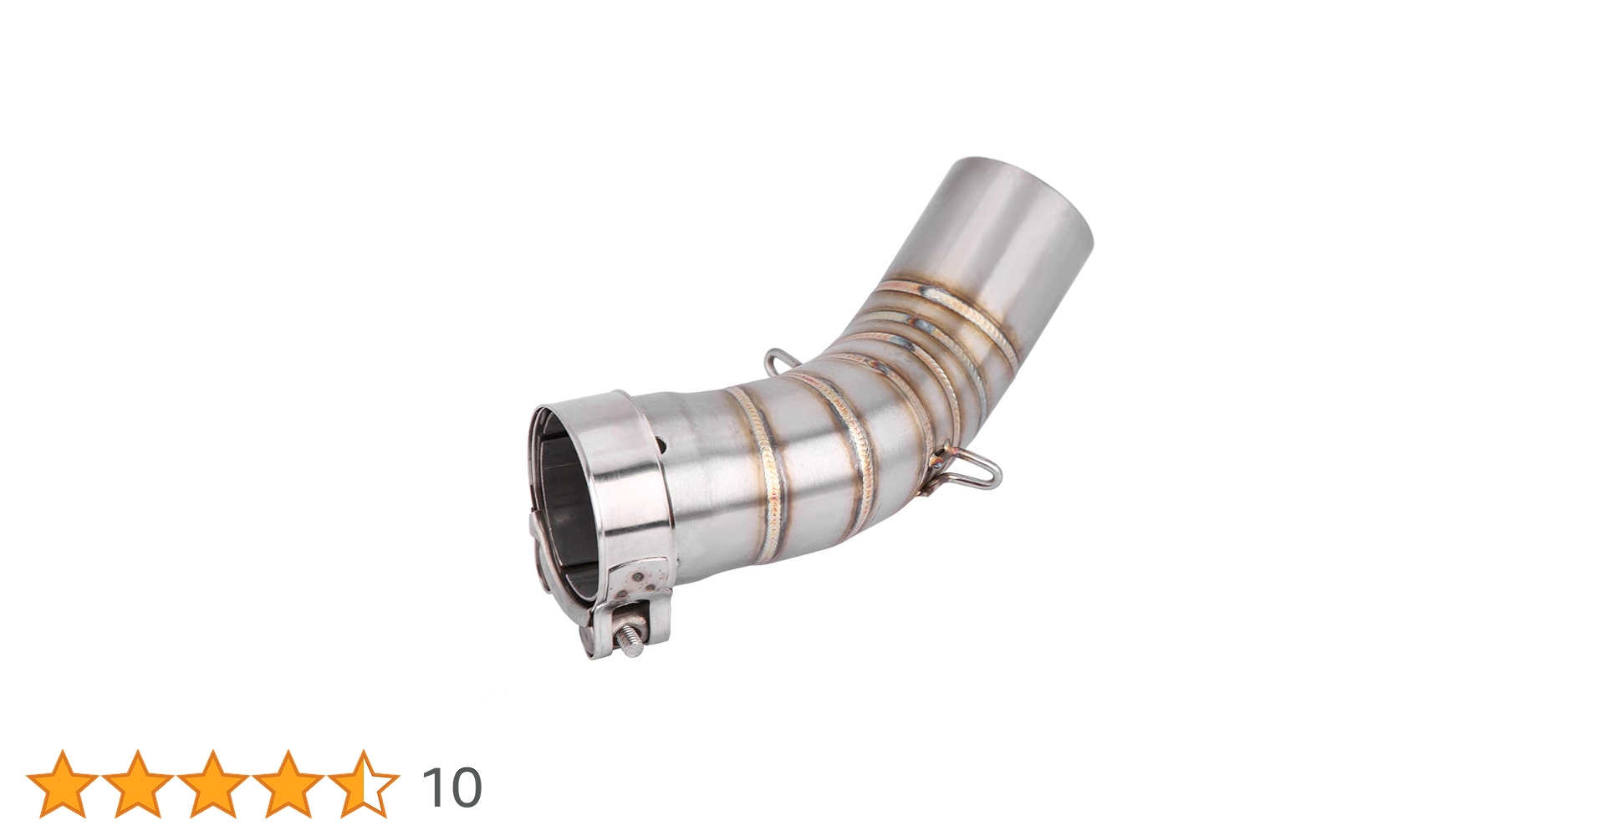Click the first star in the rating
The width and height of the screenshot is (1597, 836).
coord(63,784)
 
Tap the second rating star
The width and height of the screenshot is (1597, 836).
coord(138,784)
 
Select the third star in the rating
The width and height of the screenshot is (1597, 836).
coord(213,784)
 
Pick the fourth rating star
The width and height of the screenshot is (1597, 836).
coord(288,784)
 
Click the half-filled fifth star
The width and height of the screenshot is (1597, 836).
coord(364,784)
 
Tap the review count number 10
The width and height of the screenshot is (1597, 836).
coord(452,788)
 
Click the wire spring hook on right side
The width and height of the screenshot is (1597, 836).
coord(974,472)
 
